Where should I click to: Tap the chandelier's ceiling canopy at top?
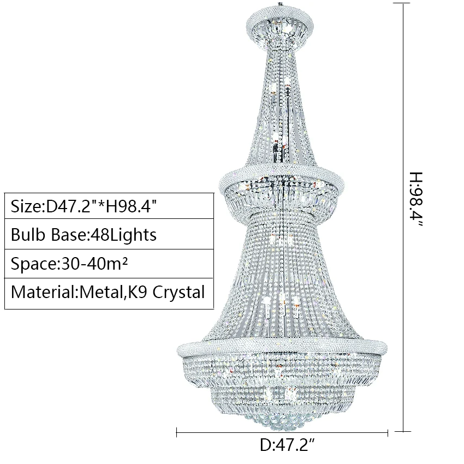pyautogui.click(x=281, y=25)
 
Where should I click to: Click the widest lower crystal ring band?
pyautogui.click(x=282, y=347)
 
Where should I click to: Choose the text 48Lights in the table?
pyautogui.click(x=127, y=235)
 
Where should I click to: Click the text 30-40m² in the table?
pyautogui.click(x=96, y=264)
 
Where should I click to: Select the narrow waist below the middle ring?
pyautogui.click(x=282, y=216)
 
